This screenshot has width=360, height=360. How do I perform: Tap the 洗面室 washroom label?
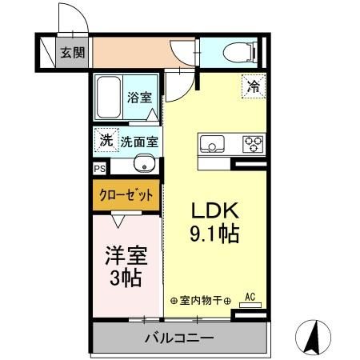(139, 142)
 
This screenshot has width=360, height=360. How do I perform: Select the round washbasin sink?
(146, 166)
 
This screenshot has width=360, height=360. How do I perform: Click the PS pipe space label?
(99, 169)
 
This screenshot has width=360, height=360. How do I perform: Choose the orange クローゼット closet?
(126, 195)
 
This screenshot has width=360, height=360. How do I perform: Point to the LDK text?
(214, 210)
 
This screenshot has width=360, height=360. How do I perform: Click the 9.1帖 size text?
(214, 234)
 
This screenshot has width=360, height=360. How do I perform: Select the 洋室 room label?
(126, 257)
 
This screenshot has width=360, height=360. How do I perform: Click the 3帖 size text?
(126, 279)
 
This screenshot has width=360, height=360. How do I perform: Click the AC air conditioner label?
(249, 297)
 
